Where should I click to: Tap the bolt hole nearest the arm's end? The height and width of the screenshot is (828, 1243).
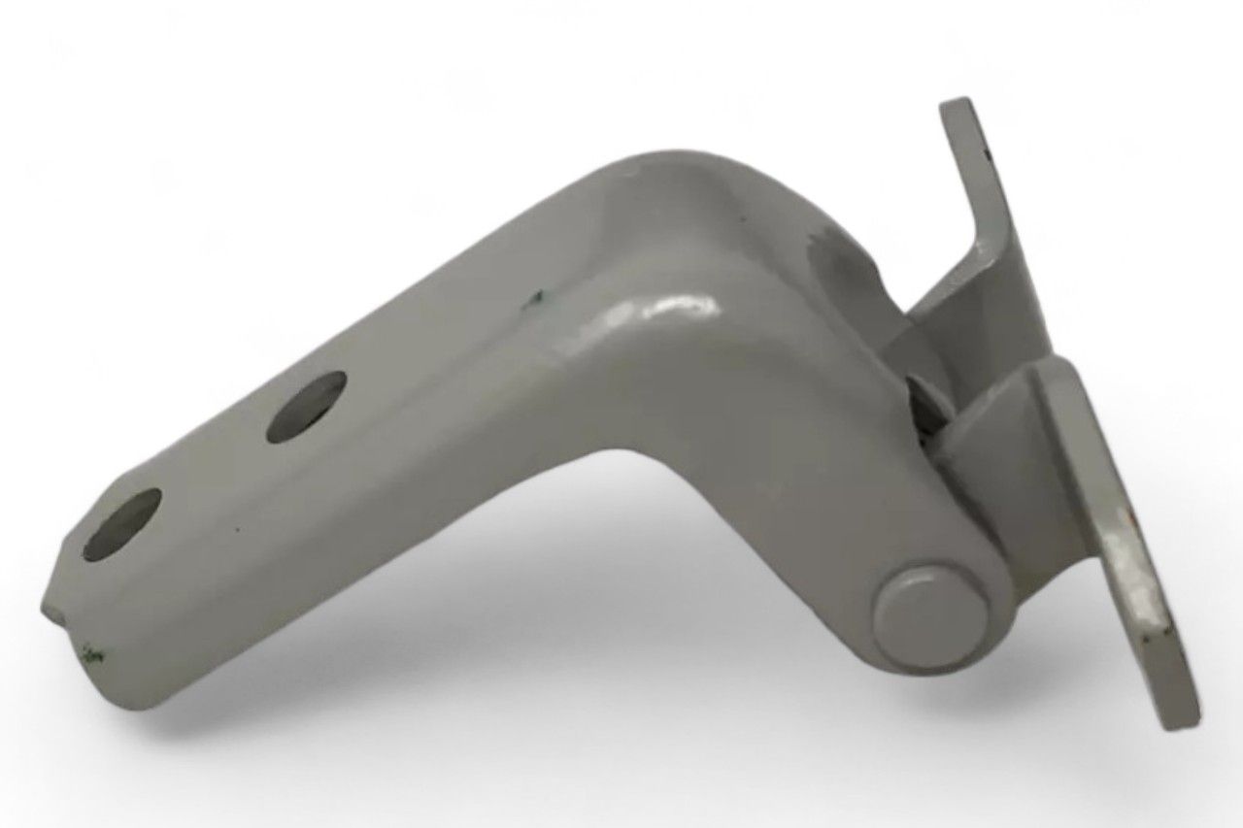click(122, 523)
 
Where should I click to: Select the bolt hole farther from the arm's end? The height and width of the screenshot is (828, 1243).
click(306, 408)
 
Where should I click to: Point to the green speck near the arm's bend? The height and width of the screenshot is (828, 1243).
click(531, 304)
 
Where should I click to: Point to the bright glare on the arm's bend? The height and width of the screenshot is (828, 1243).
click(670, 309)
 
